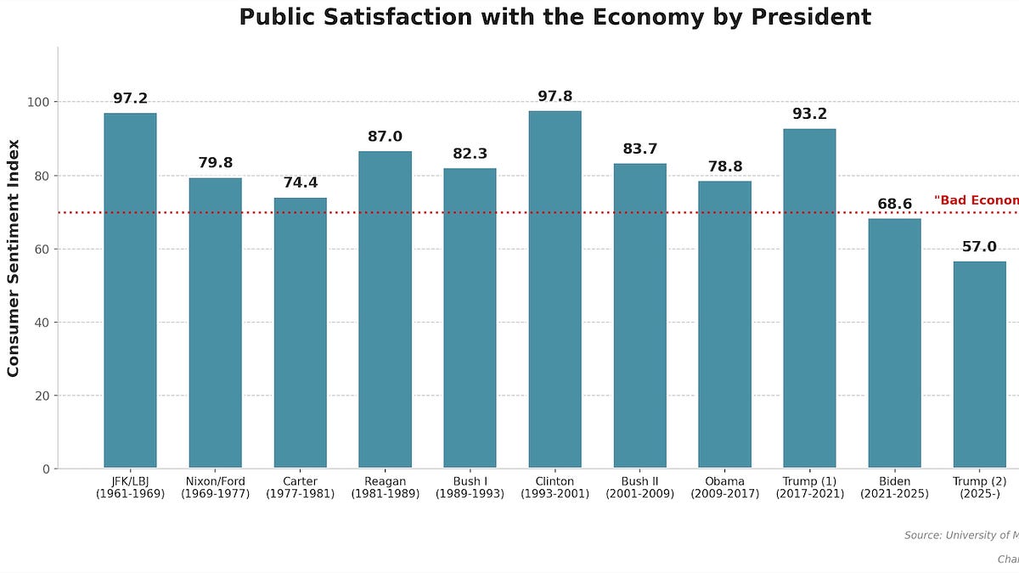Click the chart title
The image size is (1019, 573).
555,17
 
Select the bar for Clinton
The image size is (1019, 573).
555,289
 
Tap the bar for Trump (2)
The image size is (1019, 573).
979,365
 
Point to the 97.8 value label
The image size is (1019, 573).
555,97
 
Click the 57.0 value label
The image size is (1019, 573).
979,247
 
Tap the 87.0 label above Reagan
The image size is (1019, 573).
385,137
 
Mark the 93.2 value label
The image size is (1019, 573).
809,114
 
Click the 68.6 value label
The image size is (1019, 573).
894,205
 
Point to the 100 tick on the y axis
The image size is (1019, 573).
39,103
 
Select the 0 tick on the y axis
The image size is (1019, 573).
46,469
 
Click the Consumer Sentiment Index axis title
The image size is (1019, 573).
14,257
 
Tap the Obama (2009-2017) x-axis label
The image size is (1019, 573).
724,487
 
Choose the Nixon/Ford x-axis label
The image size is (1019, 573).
215,487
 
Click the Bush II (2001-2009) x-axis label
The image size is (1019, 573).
639,487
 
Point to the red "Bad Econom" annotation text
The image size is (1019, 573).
976,200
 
